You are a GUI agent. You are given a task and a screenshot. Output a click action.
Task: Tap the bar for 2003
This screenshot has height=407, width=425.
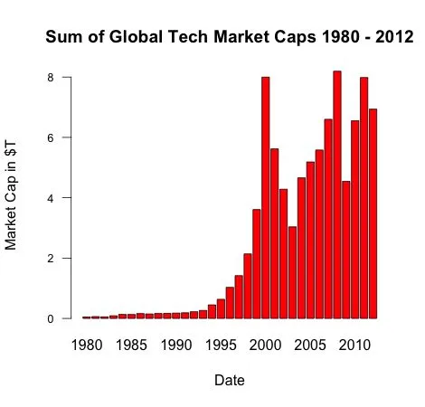292,272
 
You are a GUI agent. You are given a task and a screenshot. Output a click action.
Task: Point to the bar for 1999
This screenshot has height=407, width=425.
257,263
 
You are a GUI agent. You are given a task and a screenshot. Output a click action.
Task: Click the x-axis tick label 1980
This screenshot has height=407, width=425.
87,345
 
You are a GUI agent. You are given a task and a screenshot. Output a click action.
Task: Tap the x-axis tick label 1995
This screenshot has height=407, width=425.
221,345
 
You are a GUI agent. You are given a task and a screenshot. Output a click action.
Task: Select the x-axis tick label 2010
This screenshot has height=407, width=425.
354,345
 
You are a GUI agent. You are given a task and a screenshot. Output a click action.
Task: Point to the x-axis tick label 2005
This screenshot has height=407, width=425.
310,345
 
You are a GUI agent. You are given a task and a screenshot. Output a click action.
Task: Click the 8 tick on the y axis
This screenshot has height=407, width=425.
53,78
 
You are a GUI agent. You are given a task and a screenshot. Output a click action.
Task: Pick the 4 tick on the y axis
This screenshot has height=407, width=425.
53,198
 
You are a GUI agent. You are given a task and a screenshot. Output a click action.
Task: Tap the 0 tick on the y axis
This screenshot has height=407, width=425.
53,318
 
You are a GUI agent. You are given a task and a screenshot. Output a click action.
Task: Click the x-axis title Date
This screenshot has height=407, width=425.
229,381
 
